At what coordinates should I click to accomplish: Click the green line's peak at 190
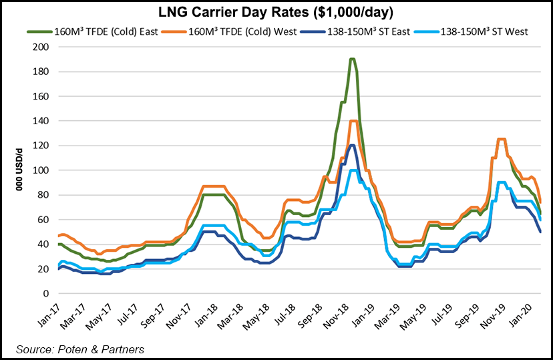coord(352,59)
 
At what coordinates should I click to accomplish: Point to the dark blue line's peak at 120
coord(351,146)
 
